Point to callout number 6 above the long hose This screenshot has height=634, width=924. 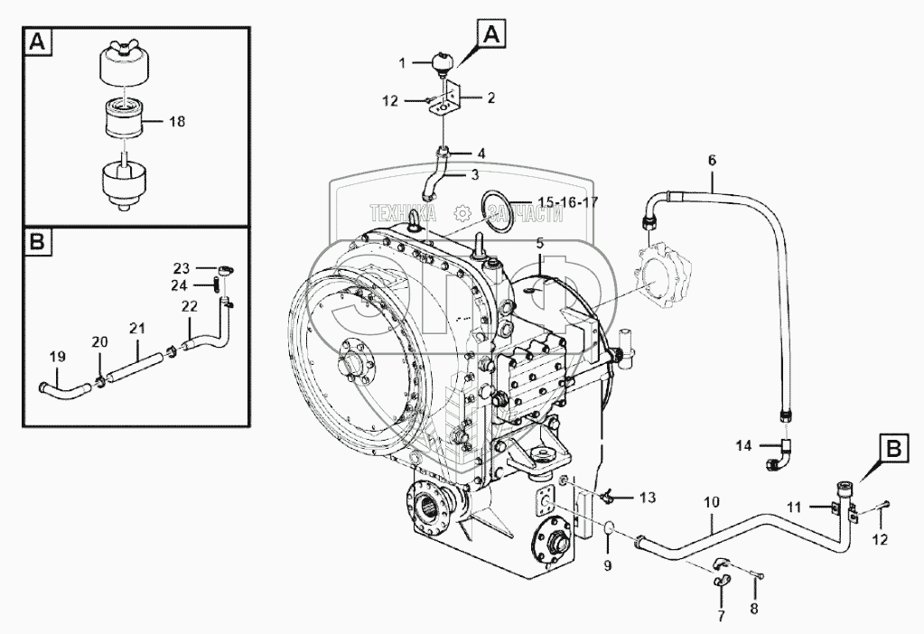(712, 160)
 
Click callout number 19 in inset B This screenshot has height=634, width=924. (56, 358)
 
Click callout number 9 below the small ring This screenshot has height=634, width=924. (608, 566)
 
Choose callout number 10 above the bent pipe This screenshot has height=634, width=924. (712, 500)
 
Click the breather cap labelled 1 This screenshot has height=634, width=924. (444, 61)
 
